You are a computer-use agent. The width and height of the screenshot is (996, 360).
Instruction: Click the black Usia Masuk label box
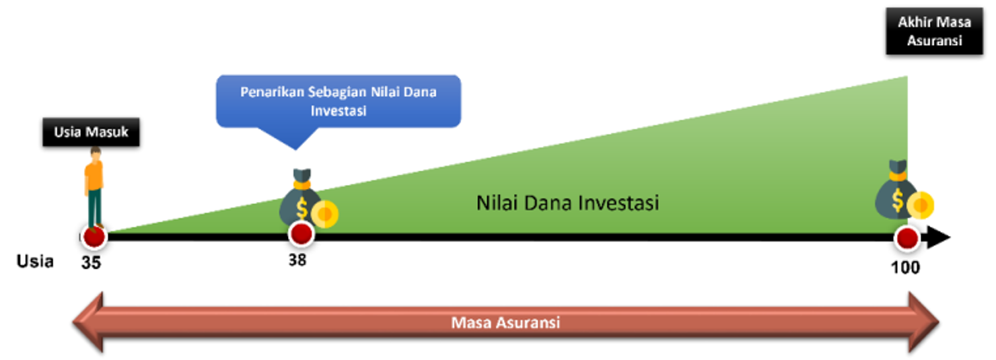(x=91, y=132)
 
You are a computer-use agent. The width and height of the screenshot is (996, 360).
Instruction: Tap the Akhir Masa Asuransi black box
(x=934, y=31)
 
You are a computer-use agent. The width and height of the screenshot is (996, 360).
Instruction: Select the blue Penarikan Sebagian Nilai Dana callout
(x=339, y=102)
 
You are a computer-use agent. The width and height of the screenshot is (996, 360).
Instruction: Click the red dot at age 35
(x=94, y=236)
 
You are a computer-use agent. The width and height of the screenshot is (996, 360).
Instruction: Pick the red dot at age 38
(x=301, y=233)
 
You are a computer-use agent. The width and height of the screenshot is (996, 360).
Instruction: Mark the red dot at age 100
(x=907, y=238)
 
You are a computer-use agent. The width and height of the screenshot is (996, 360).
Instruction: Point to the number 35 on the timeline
(x=91, y=263)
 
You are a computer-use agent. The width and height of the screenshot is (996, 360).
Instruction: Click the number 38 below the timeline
(x=297, y=260)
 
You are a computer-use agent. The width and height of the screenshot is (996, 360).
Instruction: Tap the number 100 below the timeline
(x=906, y=267)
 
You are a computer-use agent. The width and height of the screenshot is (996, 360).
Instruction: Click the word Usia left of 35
(x=35, y=261)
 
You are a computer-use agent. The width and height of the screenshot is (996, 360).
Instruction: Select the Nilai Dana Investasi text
(x=567, y=203)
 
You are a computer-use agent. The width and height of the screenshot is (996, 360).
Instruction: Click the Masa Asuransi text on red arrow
(x=505, y=322)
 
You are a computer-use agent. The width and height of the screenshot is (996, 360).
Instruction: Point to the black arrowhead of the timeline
(x=938, y=238)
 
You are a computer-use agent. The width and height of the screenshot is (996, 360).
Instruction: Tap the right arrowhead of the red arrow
(x=924, y=322)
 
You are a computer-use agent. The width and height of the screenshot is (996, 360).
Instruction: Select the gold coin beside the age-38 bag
(x=325, y=214)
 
